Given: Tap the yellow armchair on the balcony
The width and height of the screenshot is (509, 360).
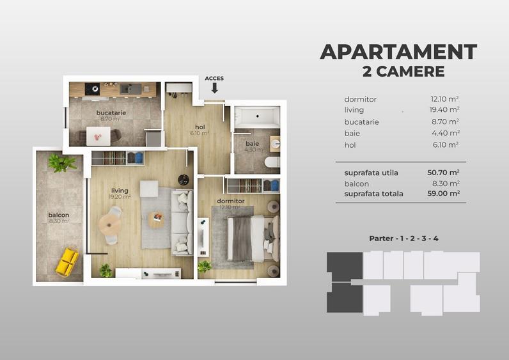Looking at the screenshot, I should point(67,262).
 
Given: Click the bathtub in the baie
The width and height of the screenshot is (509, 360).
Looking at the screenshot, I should point(257,117).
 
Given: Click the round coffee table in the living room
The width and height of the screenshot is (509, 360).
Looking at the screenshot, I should point(156,219).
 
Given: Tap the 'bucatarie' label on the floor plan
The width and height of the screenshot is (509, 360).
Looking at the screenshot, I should point(111,113).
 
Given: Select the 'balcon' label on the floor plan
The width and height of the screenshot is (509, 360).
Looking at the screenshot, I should point(58,215).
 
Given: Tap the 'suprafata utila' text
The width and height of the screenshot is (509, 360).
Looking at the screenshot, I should point(371,173).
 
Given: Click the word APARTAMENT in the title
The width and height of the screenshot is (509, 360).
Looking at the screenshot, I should point(398,52).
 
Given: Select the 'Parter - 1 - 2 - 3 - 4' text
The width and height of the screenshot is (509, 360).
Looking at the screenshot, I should point(403,239).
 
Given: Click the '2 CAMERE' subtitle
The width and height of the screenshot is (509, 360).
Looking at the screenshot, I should point(403,72).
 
